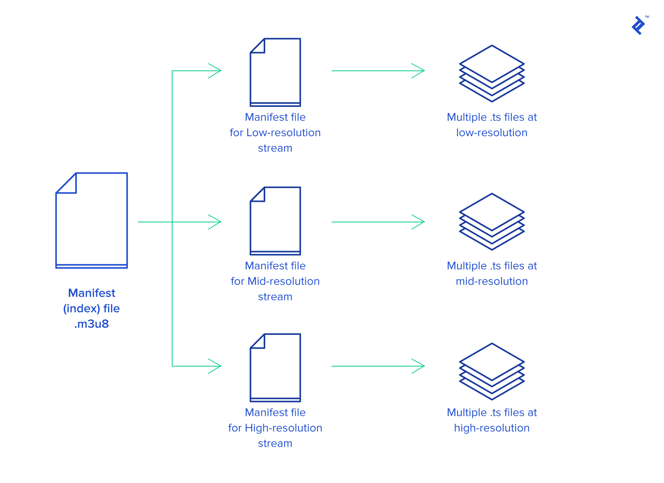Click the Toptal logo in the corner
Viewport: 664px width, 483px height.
[x=639, y=25]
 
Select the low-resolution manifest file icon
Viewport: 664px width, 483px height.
[x=275, y=73]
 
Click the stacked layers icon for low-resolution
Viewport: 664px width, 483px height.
[x=491, y=73]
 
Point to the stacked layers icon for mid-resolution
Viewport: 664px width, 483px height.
[x=491, y=221]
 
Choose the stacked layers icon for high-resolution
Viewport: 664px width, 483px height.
[x=491, y=371]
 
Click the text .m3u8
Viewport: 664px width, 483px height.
[x=91, y=324]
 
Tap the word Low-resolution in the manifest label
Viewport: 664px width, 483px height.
[x=283, y=133]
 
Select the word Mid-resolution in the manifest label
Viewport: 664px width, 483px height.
[x=283, y=281]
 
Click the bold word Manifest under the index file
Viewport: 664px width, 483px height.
[x=91, y=293]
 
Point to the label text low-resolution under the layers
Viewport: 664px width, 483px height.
[x=491, y=133]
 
